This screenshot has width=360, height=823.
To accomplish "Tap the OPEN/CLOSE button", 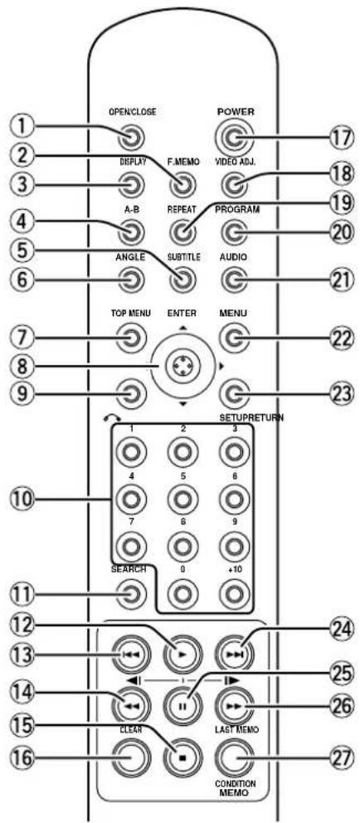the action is coord(132,139).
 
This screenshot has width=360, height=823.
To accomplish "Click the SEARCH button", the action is coord(132,595).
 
